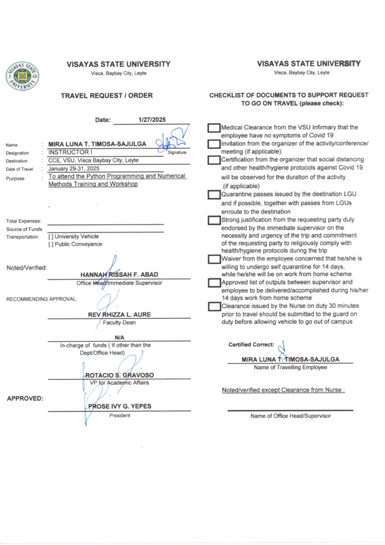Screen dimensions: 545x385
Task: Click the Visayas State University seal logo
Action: coord(22,76)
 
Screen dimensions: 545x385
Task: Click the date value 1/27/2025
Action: coord(152,120)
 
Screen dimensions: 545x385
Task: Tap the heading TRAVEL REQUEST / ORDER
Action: coord(107,96)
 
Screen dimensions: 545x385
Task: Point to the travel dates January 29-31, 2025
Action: coord(74,168)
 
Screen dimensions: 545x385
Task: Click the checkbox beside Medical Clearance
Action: coord(214,128)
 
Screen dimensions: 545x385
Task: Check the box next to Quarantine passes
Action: coord(214,195)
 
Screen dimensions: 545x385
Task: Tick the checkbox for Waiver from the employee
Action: coord(214,259)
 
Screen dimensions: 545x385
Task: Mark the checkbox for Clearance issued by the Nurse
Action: coord(214,307)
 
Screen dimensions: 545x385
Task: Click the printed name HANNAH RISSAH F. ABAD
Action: coord(119,275)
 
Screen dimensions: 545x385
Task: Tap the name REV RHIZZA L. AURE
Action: coord(119,315)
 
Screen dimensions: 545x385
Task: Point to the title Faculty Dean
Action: coord(119,323)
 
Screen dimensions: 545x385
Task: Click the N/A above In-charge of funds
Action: coord(119,337)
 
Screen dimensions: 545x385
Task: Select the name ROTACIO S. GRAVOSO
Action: coord(119,375)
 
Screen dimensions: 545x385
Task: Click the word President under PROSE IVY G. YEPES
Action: coord(120,415)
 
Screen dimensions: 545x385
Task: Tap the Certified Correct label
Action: coord(251,345)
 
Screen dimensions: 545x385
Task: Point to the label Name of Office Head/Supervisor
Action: coord(291,416)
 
